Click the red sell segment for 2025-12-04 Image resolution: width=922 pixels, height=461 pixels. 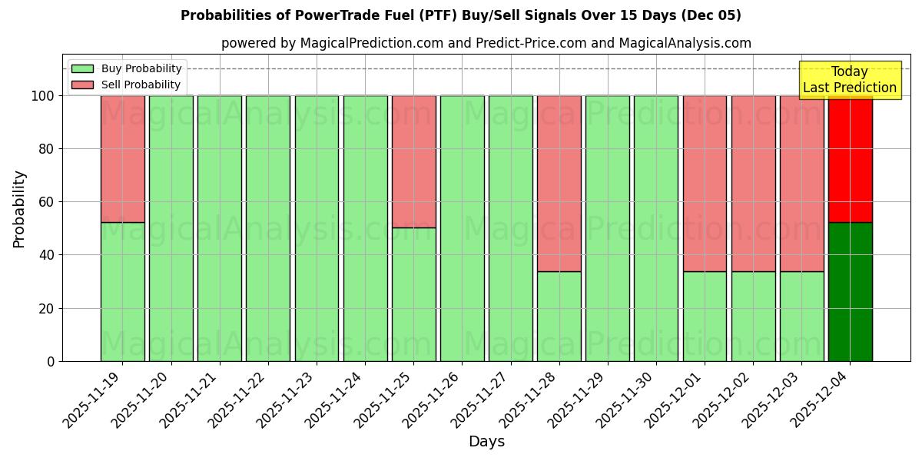tap(850, 159)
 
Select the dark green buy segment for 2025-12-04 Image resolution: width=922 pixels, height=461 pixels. tap(850, 292)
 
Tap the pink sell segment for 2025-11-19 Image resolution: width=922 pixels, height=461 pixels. tap(122, 159)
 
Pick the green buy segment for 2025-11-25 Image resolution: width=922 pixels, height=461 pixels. tap(413, 294)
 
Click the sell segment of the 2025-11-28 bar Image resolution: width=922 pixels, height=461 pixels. tap(559, 184)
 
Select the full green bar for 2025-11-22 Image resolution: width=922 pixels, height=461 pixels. tap(268, 228)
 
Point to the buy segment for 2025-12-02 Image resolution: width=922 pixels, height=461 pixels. tap(753, 316)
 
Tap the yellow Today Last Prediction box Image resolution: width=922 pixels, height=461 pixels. tap(849, 80)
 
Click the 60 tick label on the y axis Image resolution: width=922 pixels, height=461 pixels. tap(47, 202)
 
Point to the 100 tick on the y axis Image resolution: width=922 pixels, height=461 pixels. tap(44, 96)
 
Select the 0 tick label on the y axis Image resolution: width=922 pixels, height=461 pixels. tap(51, 361)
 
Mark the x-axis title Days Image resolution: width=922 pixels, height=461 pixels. tap(486, 442)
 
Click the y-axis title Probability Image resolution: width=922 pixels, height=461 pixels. tap(19, 209)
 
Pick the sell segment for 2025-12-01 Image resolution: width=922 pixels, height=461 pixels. tap(705, 184)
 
